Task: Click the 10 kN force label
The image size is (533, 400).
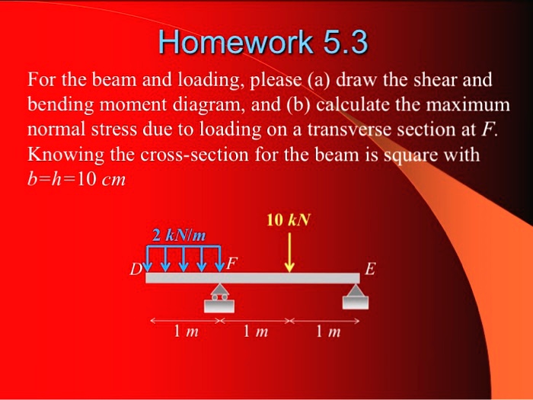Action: click(x=289, y=221)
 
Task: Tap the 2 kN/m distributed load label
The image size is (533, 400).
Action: click(x=179, y=234)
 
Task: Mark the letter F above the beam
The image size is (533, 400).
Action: click(x=231, y=263)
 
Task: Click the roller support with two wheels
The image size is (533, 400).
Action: click(x=219, y=296)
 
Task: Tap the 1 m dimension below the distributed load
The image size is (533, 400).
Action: click(x=182, y=332)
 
